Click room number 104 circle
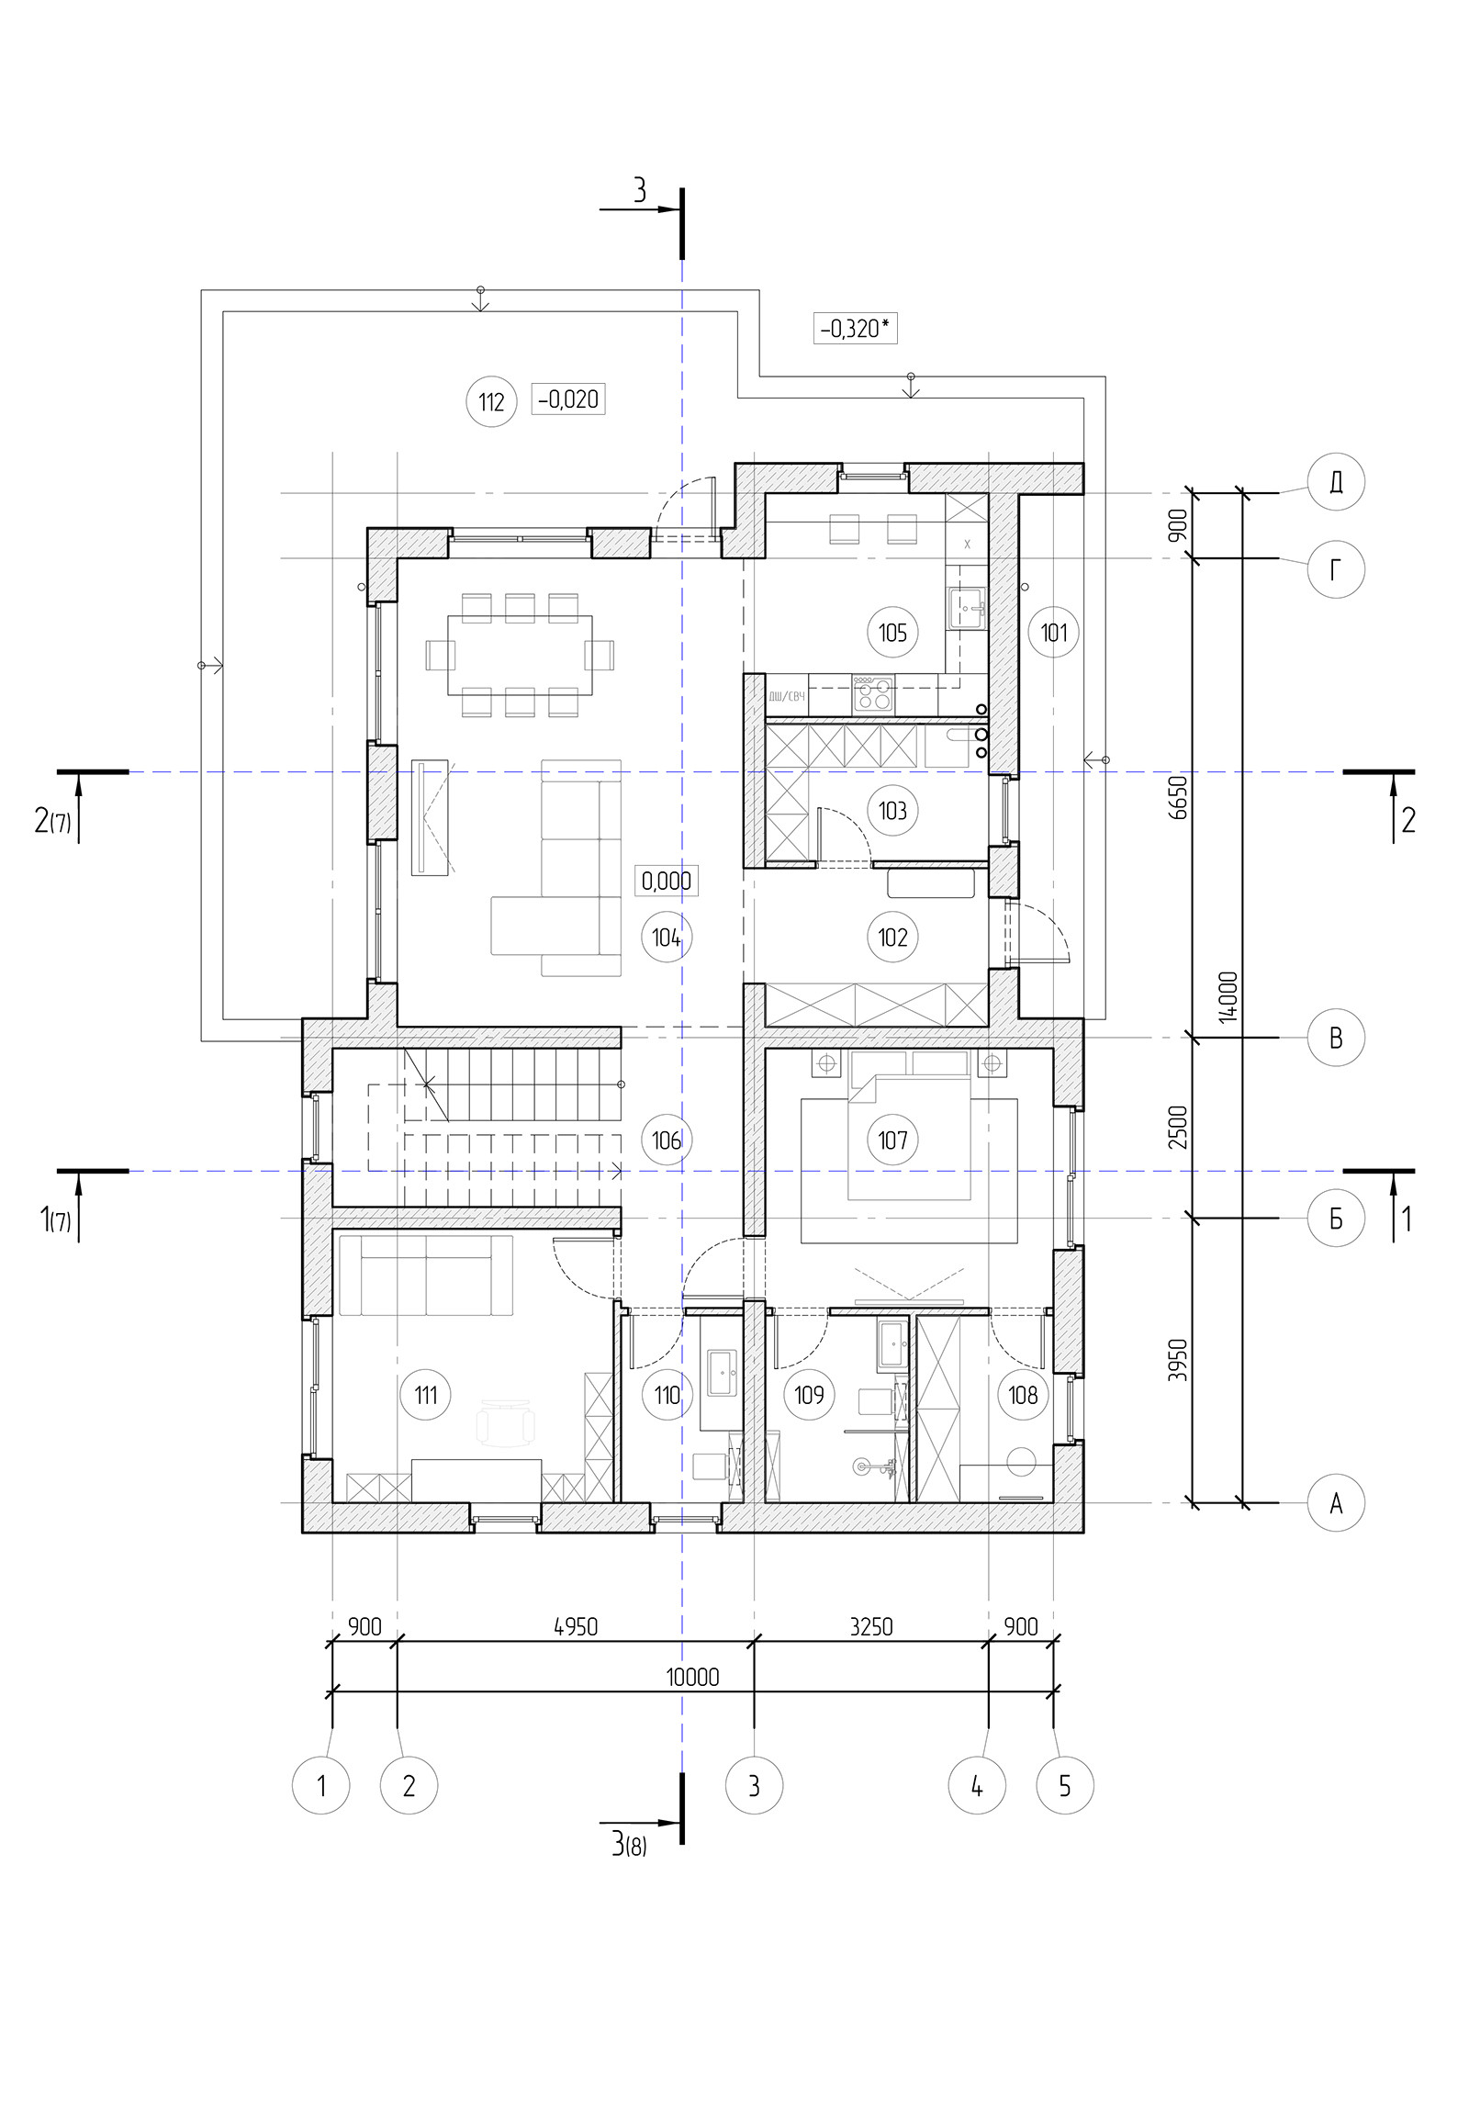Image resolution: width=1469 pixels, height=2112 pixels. coord(666,938)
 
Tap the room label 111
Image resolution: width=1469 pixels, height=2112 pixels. coord(426,1395)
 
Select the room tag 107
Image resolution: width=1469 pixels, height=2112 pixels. coord(892,1140)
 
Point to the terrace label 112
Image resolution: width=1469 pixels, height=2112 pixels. coord(492,402)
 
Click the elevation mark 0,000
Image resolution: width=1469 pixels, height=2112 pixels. coord(666,881)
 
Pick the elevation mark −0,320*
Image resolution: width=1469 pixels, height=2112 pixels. coord(855,328)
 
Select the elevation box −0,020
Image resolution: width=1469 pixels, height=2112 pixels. coord(567,399)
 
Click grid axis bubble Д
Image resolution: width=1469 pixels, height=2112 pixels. coord(1336,482)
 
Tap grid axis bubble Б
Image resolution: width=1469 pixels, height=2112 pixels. coord(1336,1219)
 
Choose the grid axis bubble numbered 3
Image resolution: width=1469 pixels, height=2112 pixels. coord(755,1785)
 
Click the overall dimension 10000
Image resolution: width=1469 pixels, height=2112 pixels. coord(692,1677)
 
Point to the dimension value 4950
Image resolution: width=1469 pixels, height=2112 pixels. coord(576,1626)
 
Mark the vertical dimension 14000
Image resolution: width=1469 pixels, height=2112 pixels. coord(1231,998)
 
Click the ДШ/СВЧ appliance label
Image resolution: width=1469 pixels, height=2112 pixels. coord(787,696)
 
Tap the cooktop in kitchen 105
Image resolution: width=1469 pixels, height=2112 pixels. coord(873,693)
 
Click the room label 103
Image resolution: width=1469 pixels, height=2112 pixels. coord(892,811)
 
